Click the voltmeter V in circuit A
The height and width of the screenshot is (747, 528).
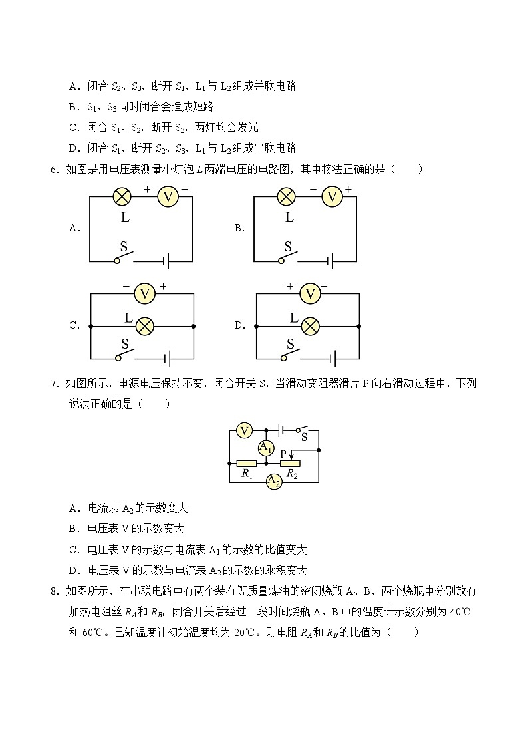coord(168,196)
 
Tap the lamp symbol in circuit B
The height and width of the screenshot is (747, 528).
coord(286,196)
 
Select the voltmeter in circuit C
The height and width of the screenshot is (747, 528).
coord(144,293)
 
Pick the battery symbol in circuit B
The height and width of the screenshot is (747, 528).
coord(332,261)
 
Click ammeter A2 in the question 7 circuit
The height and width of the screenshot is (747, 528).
coord(273,481)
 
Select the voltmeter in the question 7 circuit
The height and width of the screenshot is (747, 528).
coord(245,430)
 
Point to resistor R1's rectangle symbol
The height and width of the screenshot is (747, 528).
coord(247,463)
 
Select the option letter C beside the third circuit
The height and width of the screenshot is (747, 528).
coord(74,326)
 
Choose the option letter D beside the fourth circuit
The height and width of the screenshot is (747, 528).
coord(239,326)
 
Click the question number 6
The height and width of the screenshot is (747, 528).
coord(54,170)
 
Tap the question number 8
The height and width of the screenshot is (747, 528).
coord(54,591)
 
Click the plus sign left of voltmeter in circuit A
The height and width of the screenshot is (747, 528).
coord(147,190)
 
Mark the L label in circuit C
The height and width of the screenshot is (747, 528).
coord(128,318)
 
